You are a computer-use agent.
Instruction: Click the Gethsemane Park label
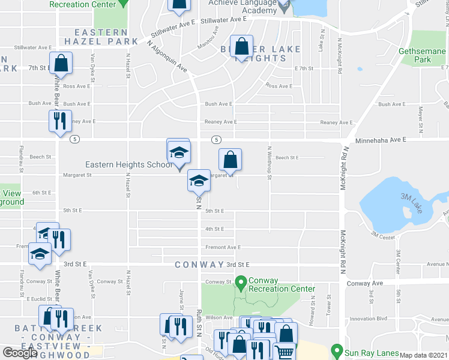click(423, 55)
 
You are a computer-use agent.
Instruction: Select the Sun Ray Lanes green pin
click(336, 349)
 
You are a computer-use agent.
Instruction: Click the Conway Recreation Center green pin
click(241, 280)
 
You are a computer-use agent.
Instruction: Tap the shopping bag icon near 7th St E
click(61, 62)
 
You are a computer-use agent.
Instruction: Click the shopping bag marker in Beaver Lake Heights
click(241, 46)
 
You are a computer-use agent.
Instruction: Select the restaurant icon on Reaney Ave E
click(60, 121)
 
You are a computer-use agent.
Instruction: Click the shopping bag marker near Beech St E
click(230, 159)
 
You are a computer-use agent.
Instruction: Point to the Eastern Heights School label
click(128, 164)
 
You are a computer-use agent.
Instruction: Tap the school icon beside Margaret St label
click(199, 180)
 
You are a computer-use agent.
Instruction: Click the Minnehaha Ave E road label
click(381, 139)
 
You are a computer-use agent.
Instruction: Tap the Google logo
click(20, 353)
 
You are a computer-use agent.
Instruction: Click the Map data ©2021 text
click(423, 355)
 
